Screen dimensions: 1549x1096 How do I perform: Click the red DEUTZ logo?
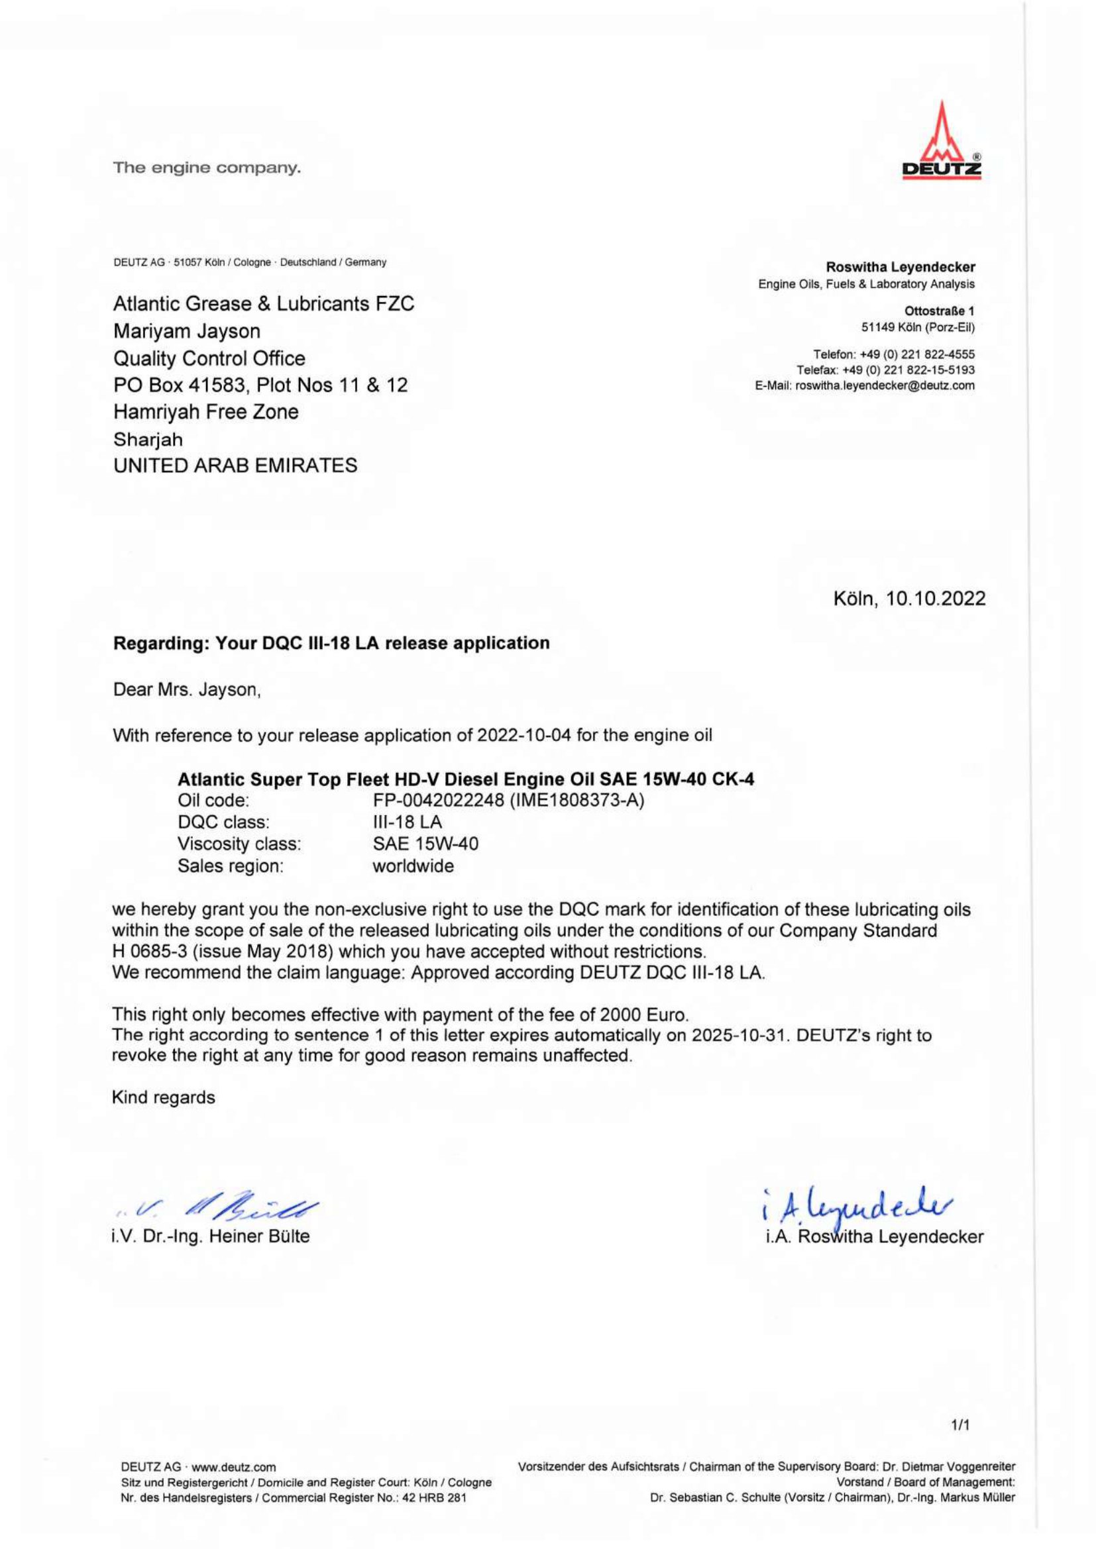tap(942, 142)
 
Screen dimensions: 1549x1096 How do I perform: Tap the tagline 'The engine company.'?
tap(207, 168)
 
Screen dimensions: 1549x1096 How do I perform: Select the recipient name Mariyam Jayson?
tap(187, 331)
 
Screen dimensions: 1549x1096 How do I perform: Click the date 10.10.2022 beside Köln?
tap(936, 599)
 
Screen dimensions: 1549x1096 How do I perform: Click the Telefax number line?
tap(885, 370)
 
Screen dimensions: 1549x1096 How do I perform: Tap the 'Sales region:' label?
tap(230, 866)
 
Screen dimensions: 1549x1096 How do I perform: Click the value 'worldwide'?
tap(413, 866)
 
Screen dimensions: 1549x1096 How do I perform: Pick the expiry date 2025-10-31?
tap(740, 1036)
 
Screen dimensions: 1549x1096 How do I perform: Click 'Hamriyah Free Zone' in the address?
tap(206, 411)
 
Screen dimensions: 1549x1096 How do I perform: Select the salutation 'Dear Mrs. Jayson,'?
tap(187, 691)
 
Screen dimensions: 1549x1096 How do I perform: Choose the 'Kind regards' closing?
tap(163, 1097)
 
